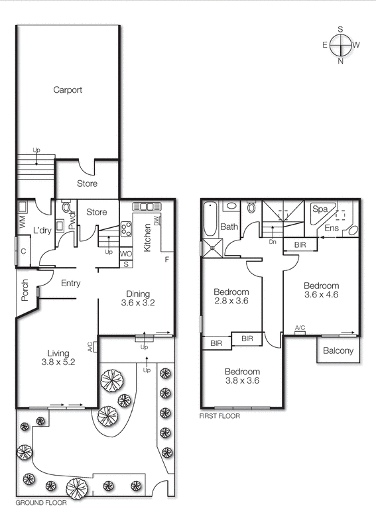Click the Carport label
point(68,90)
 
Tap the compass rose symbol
point(340,45)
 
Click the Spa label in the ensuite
point(320,209)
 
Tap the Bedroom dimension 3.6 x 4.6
point(322,295)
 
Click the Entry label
point(70,284)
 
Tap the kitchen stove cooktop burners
point(125,229)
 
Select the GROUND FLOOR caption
point(40,503)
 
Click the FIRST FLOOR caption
point(219,417)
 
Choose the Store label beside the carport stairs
point(86,184)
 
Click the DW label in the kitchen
point(157,221)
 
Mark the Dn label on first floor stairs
point(272,242)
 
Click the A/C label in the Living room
point(89,345)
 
